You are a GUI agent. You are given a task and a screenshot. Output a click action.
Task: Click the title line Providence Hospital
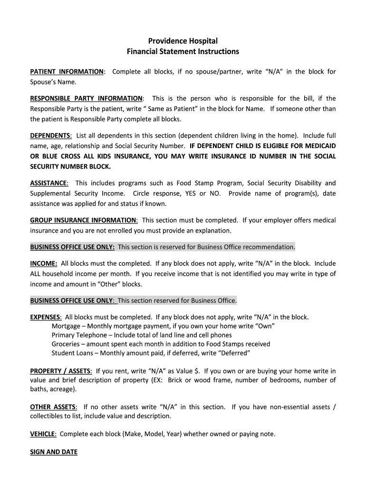183,41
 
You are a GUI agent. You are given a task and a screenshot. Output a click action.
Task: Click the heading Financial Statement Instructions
183,51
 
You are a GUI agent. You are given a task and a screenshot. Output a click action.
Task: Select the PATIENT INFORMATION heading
67,72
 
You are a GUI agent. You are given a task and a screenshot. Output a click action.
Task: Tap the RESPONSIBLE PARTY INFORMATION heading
86,99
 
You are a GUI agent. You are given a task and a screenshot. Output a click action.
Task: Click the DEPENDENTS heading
51,135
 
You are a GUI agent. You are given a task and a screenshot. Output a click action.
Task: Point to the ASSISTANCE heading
49,183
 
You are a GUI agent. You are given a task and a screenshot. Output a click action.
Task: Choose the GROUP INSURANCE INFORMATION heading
84,220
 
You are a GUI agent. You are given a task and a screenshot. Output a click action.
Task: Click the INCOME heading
43,263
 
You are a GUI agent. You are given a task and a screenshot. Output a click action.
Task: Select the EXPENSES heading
46,317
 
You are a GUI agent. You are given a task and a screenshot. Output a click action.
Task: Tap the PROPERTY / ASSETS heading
61,371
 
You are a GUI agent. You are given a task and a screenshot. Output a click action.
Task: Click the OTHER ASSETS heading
53,407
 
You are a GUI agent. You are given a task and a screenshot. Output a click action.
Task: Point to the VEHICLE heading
43,434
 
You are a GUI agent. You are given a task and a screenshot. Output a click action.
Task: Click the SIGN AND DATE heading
53,452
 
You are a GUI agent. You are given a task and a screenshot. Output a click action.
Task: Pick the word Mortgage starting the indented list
66,326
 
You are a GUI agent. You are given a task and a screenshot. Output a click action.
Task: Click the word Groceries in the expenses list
66,344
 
